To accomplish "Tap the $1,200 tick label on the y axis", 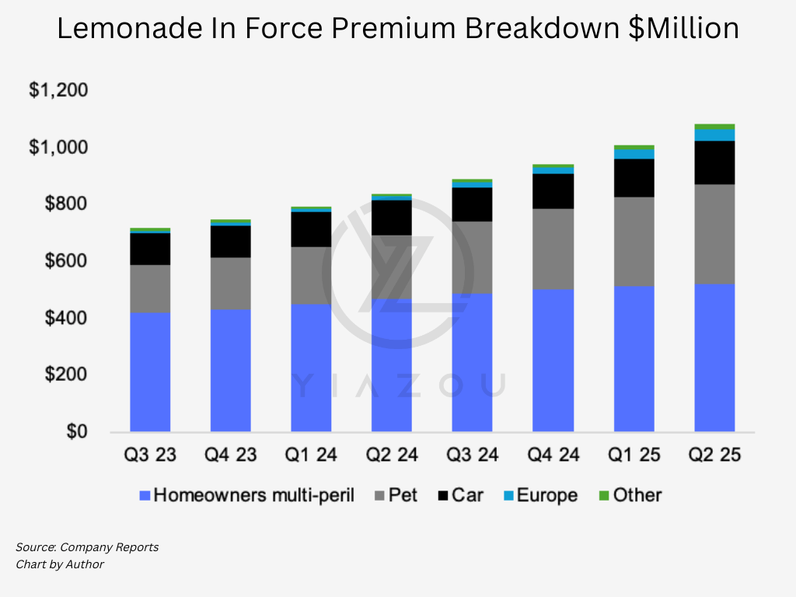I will pyautogui.click(x=58, y=90).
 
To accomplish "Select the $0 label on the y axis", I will pyautogui.click(x=76, y=431).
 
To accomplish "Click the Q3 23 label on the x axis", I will pyautogui.click(x=150, y=455).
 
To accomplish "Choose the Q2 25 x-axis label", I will pyautogui.click(x=714, y=455).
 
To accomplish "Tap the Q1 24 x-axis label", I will pyautogui.click(x=311, y=455).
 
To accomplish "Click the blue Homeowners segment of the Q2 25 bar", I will pyautogui.click(x=714, y=358).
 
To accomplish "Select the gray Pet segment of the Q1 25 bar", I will pyautogui.click(x=634, y=241).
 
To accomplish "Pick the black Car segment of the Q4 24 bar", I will pyautogui.click(x=553, y=191).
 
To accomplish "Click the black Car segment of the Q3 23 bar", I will pyautogui.click(x=150, y=249).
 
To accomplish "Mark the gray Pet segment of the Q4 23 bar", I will pyautogui.click(x=230, y=283).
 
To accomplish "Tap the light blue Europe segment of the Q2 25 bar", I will pyautogui.click(x=714, y=134).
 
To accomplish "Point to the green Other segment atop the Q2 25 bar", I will pyautogui.click(x=714, y=126).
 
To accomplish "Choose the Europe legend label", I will pyautogui.click(x=547, y=495).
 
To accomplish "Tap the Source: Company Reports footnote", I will pyautogui.click(x=87, y=547).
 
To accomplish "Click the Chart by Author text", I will pyautogui.click(x=60, y=564).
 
